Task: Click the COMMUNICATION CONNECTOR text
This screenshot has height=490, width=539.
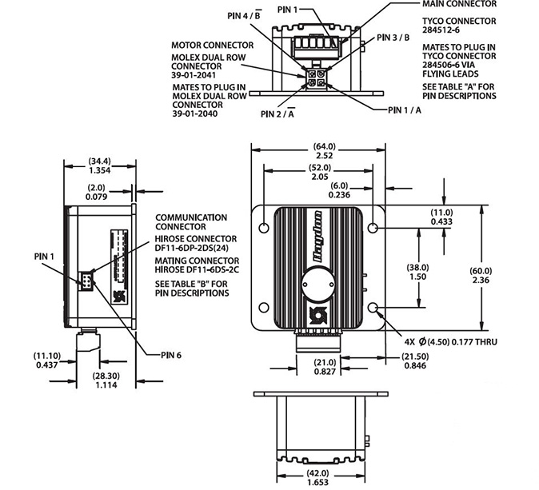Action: point(191,221)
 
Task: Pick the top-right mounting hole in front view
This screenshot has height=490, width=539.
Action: point(373,228)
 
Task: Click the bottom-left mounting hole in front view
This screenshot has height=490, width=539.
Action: point(264,307)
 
